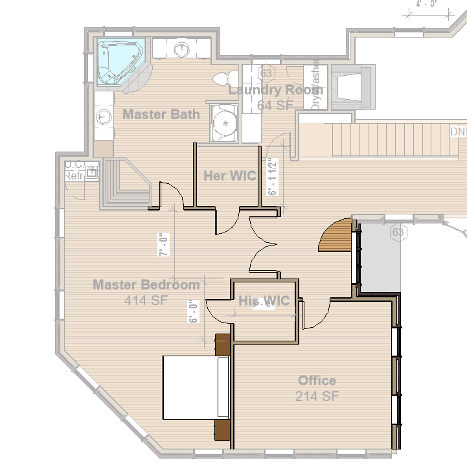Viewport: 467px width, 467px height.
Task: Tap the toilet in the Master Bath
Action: point(222,78)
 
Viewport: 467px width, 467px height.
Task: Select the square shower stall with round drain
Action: point(225,121)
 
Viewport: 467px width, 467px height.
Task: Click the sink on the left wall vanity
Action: point(102,117)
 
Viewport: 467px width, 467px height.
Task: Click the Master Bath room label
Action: point(161,115)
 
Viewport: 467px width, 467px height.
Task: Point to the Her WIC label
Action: point(229,176)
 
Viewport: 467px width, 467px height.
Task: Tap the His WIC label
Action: point(264,301)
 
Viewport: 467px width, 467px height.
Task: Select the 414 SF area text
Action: point(145,300)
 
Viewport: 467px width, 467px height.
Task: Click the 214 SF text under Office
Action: point(317,396)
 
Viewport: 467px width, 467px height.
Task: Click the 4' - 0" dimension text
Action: point(427,3)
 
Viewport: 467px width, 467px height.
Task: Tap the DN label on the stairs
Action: point(458,132)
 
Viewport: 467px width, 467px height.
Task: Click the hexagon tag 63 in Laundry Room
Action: point(266,73)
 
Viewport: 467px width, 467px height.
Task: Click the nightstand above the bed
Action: point(223,344)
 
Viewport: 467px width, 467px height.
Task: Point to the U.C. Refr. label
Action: point(73,170)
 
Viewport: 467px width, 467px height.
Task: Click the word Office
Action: point(317,380)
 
